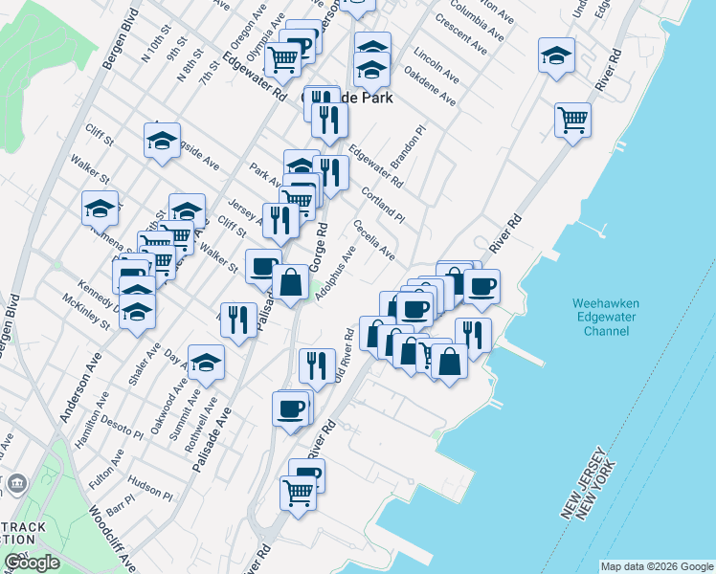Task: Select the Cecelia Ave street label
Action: [x=373, y=240]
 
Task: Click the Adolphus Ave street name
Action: [x=336, y=273]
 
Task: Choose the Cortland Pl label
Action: [x=383, y=204]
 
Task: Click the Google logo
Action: [x=31, y=563]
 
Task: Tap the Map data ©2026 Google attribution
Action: [x=656, y=566]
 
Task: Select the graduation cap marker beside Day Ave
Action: [x=206, y=362]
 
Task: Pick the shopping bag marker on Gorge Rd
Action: [x=290, y=284]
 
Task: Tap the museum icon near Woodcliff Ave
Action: [x=16, y=484]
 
